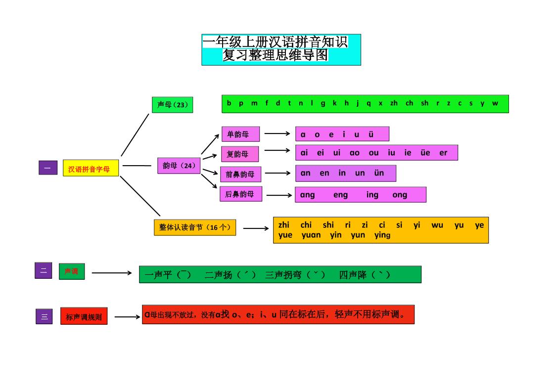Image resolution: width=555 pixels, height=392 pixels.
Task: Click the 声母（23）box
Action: (172, 105)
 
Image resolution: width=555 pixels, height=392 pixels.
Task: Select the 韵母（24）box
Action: (179, 166)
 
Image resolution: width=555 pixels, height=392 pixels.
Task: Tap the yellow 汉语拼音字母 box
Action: (91, 169)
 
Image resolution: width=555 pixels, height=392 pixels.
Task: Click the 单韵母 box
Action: (241, 134)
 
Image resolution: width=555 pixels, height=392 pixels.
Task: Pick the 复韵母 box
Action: (240, 154)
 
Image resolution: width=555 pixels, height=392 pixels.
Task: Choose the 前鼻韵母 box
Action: (240, 174)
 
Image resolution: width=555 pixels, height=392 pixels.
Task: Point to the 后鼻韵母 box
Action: (240, 194)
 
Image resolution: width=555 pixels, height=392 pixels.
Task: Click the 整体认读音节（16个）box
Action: (195, 227)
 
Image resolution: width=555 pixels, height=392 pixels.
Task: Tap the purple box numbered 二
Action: (43, 270)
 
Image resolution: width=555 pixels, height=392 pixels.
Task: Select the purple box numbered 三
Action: (44, 316)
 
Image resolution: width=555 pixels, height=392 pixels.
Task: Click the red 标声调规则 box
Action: (84, 317)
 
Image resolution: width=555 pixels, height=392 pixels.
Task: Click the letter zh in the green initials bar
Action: (394, 103)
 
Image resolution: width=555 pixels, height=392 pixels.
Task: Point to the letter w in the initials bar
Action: (495, 103)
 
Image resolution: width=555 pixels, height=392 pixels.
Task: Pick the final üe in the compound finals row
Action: (425, 153)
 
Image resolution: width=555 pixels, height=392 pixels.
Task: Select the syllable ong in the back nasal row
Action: (400, 195)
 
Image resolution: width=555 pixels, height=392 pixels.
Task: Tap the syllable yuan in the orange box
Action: (311, 235)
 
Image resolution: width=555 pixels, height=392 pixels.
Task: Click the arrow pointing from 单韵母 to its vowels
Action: (277, 133)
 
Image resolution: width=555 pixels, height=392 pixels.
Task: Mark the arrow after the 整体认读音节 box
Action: (256, 228)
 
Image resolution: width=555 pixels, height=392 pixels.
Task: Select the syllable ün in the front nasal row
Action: (379, 173)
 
